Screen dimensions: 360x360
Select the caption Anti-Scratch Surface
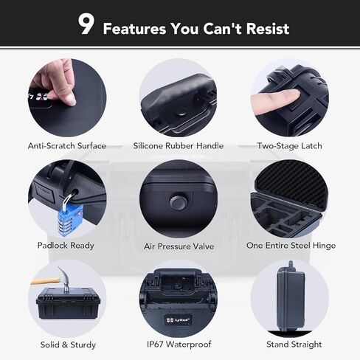click(67, 146)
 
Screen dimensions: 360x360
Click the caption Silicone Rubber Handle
click(179, 146)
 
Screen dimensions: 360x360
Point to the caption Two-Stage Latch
click(289, 146)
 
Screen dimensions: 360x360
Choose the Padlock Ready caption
click(66, 245)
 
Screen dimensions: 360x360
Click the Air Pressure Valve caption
click(179, 246)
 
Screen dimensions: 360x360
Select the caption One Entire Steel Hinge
click(291, 245)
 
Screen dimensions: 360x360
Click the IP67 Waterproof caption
click(179, 344)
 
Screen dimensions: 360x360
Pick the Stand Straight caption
click(290, 344)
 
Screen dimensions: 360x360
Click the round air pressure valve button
click(177, 201)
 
